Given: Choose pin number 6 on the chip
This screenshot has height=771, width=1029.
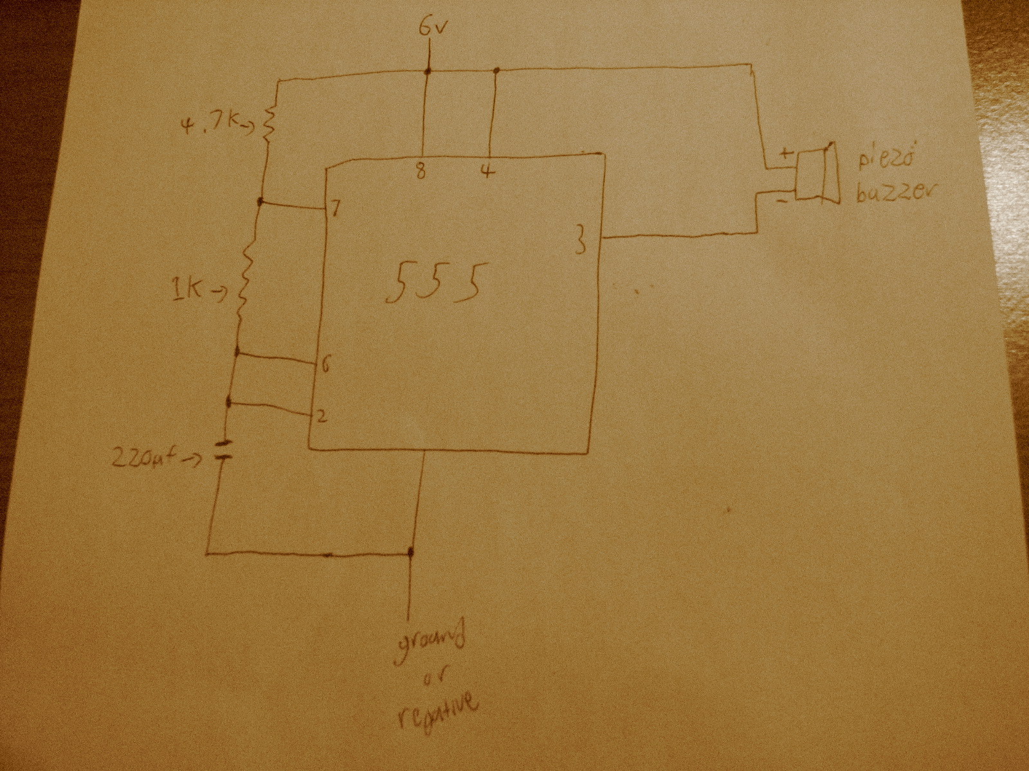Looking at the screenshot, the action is [324, 365].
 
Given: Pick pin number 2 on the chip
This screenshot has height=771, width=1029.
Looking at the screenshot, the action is [322, 416].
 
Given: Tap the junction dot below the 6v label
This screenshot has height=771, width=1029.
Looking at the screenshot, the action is [427, 71].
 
